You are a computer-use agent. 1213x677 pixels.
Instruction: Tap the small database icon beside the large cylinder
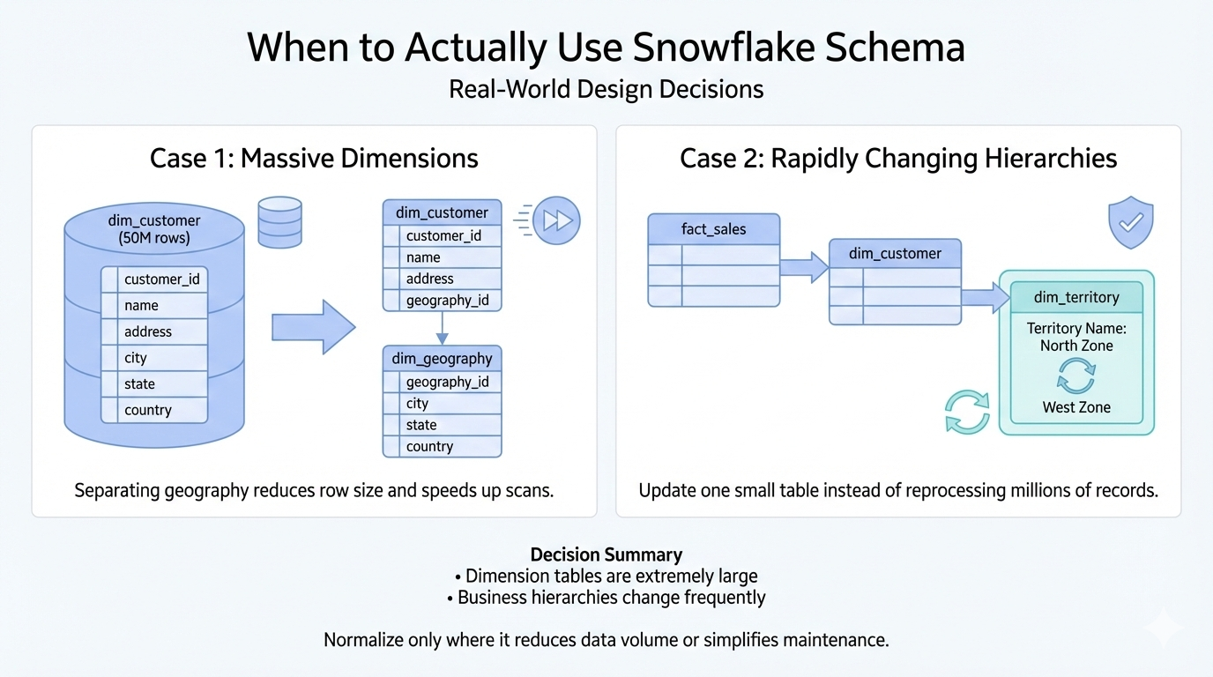[280, 222]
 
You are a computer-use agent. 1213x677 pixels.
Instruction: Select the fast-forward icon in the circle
[556, 220]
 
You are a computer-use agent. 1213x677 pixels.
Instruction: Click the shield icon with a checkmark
[1131, 222]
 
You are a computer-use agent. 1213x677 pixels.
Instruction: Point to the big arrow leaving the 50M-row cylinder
[314, 327]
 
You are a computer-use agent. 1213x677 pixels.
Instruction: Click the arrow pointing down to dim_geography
[442, 328]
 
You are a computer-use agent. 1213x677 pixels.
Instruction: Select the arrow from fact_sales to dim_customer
[804, 267]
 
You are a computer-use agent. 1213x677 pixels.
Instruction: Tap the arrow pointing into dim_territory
[986, 297]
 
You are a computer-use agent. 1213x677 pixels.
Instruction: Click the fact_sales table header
[714, 229]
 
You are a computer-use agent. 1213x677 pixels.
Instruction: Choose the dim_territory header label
[1076, 297]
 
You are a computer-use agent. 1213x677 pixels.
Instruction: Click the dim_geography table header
[442, 359]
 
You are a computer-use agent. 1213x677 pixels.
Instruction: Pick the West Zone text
[1076, 407]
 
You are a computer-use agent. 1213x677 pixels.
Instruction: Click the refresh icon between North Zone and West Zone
[1076, 376]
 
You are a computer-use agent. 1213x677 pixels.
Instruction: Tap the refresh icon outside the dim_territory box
[967, 413]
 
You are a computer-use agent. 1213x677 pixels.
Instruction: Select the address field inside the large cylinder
[148, 331]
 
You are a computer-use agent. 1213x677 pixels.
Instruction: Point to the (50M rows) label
[154, 238]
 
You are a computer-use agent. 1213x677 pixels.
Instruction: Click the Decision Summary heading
[606, 554]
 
